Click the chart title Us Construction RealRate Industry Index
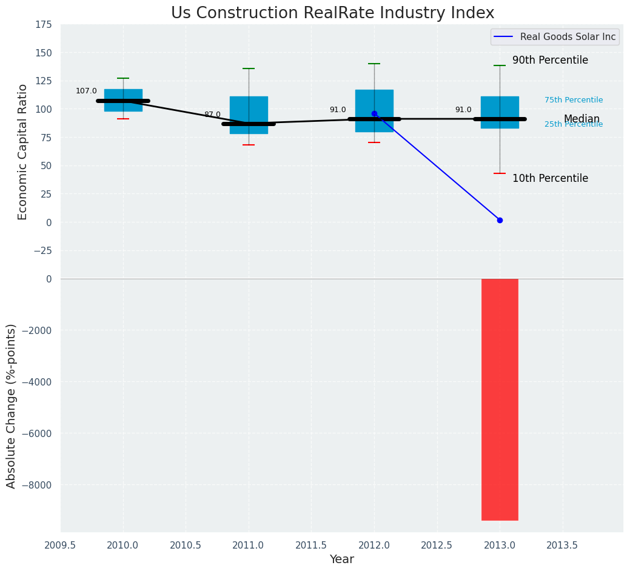[x=332, y=13]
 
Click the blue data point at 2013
[x=500, y=220]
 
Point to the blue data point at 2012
[x=374, y=113]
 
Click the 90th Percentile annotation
[x=550, y=61]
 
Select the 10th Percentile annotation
[x=550, y=178]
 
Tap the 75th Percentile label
[x=574, y=100]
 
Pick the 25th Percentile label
[x=574, y=125]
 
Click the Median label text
[x=581, y=119]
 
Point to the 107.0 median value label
[x=86, y=91]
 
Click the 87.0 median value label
[x=212, y=115]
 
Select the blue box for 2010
[x=123, y=100]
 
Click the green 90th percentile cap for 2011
[x=249, y=68]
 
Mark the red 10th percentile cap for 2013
[x=500, y=173]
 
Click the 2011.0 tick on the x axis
[x=249, y=545]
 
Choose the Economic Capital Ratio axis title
[x=23, y=152]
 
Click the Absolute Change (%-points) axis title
[x=12, y=406]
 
